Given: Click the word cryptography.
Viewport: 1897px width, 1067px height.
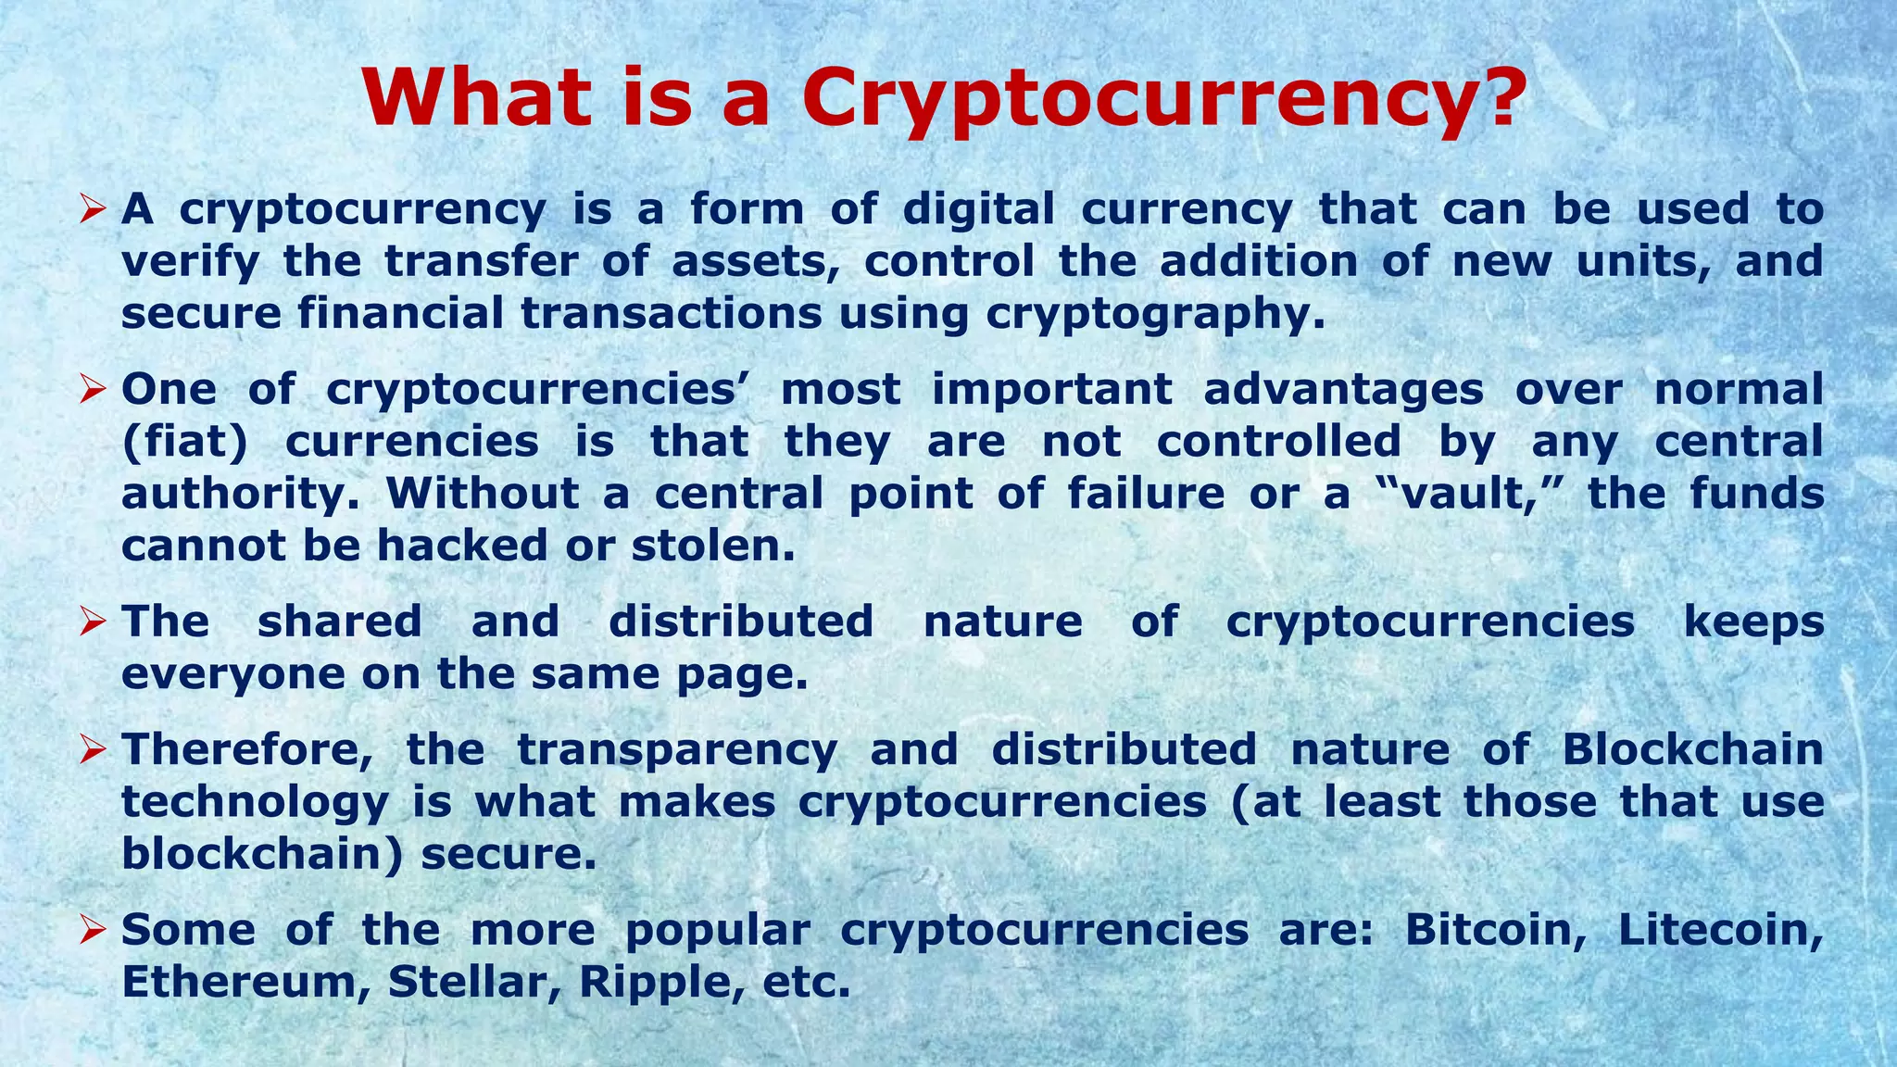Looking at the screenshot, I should [1154, 315].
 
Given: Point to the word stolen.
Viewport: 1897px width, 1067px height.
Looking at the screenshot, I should [713, 546].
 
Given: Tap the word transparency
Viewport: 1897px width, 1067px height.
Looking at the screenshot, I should [677, 749].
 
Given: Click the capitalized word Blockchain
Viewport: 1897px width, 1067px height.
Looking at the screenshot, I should [1692, 749].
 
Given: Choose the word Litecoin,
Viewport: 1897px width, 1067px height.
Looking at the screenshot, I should [1720, 929].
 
